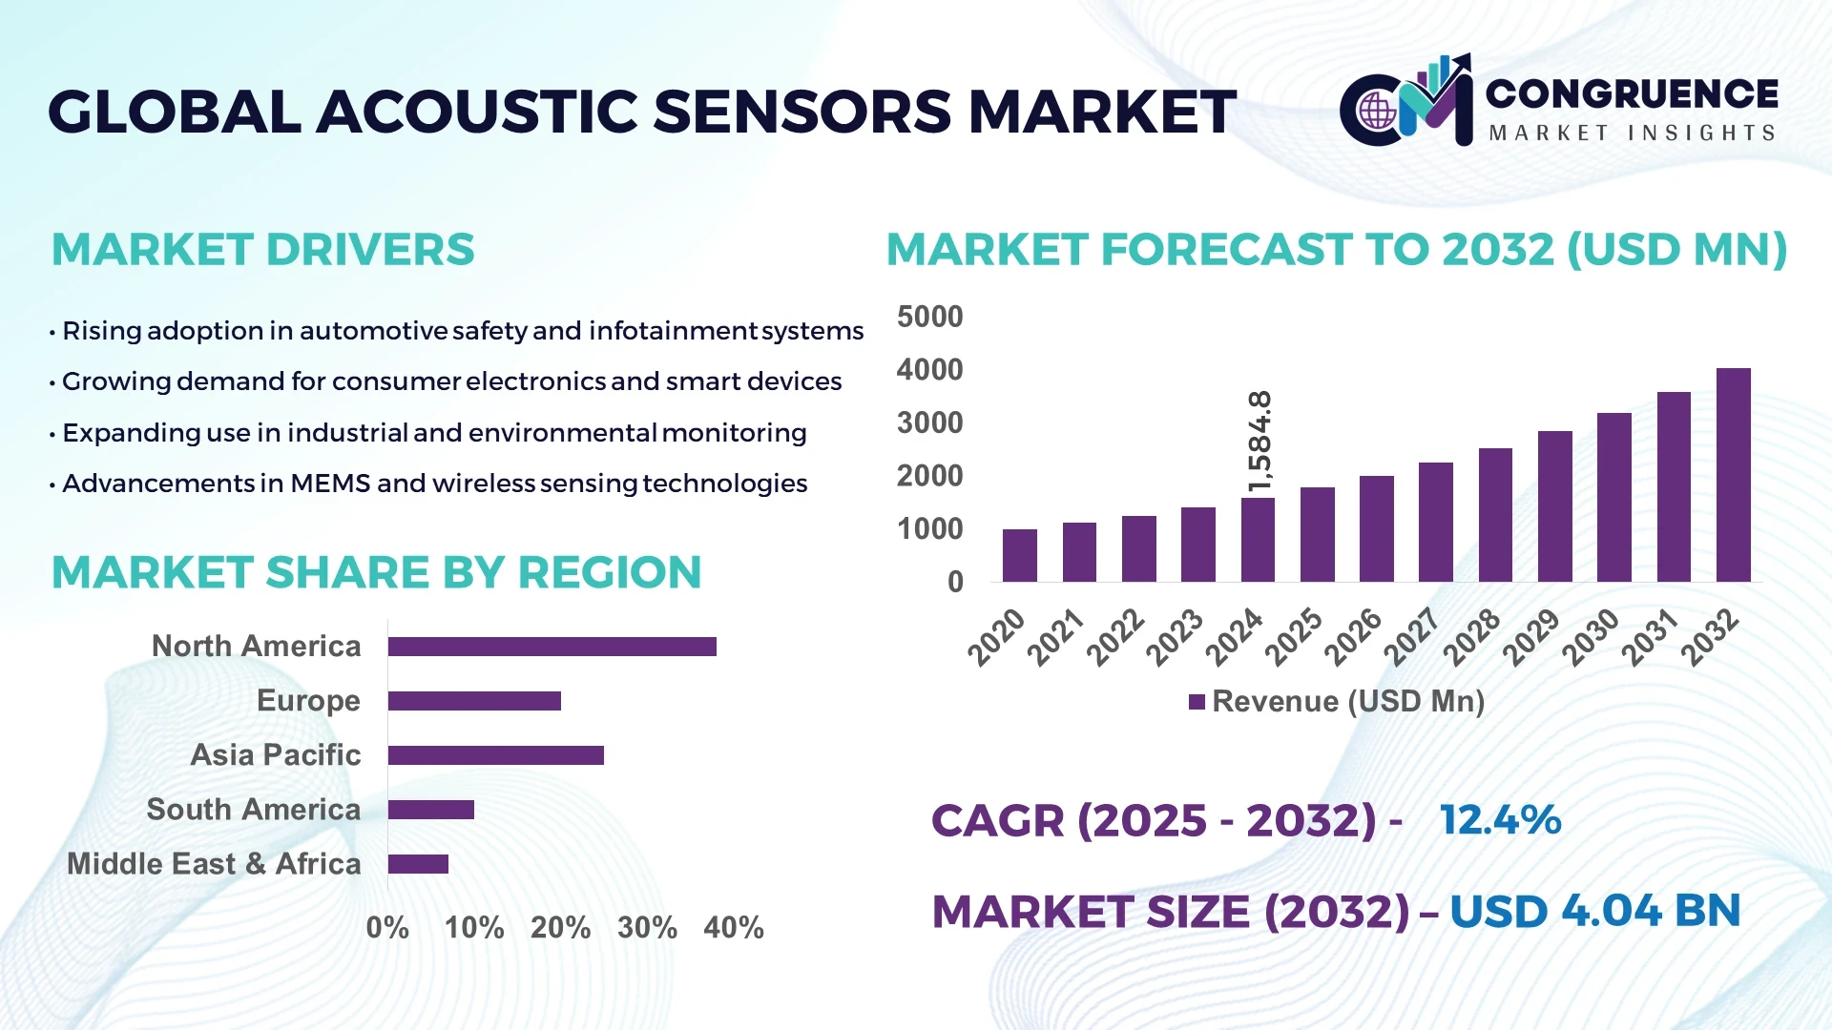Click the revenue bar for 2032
[x=1733, y=475]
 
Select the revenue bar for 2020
[x=1019, y=555]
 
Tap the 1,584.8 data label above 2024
[x=1259, y=441]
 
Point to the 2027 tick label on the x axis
[x=1412, y=636]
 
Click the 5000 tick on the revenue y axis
[x=929, y=317]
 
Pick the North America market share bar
[x=552, y=647]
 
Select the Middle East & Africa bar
[x=418, y=864]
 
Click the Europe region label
[x=308, y=701]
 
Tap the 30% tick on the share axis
[x=647, y=927]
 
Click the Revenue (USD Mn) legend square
[x=1197, y=703]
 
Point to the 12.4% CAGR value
[x=1500, y=820]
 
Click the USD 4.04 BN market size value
[x=1594, y=911]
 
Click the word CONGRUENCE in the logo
[x=1632, y=93]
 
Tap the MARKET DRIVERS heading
[x=262, y=250]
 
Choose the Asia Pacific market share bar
[x=495, y=755]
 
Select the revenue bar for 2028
[x=1495, y=515]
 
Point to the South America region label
[x=253, y=810]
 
